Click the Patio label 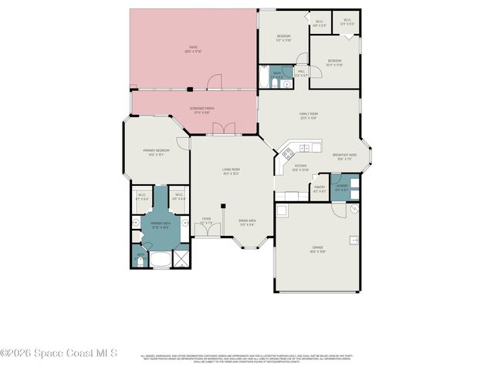193,50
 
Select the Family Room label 309,116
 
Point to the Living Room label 231,171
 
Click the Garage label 317,248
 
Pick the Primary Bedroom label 156,151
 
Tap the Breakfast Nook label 344,157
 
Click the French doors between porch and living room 224,129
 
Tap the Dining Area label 247,224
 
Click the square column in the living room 223,206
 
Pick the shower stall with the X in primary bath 181,258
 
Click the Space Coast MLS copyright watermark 59,353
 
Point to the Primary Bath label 160,225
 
